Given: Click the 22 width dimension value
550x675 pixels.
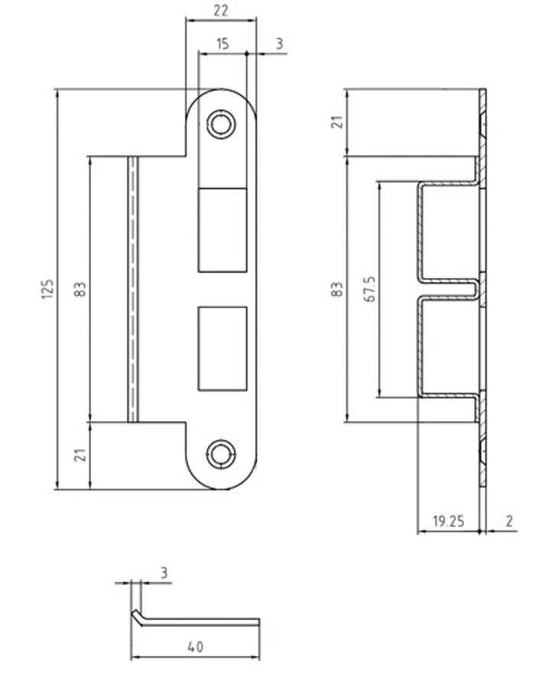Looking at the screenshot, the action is click(221, 11).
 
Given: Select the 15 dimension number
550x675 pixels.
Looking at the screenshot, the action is click(222, 44).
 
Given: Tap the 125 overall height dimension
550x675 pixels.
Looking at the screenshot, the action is click(48, 289).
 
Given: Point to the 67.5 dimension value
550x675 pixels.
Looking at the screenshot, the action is click(370, 289).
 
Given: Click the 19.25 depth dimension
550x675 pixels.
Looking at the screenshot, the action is click(448, 522).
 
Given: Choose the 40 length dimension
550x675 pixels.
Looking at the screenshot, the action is click(196, 647).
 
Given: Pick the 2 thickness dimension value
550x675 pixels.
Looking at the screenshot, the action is click(510, 522).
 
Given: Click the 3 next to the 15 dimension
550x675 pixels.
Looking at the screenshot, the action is click(280, 44).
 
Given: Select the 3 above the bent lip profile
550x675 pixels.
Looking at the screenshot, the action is click(163, 573).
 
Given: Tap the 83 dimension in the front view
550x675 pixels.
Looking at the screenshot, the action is click(81, 289).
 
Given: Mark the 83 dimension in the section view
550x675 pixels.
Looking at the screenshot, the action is click(338, 289).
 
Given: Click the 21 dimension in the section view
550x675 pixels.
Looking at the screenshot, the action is click(339, 122).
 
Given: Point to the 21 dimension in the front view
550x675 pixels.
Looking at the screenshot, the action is click(81, 455).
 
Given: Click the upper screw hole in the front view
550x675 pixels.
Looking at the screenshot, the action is click(221, 124).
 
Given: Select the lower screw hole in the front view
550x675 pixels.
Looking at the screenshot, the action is click(221, 455).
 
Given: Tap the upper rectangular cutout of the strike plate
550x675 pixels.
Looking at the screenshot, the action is click(222, 230).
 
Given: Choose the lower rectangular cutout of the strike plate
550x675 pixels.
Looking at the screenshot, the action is click(222, 349).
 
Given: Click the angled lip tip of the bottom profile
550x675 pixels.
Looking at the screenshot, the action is click(135, 613).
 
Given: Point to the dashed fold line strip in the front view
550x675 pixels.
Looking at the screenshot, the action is click(133, 289).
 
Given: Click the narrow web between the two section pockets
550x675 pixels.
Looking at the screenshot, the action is click(449, 288).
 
